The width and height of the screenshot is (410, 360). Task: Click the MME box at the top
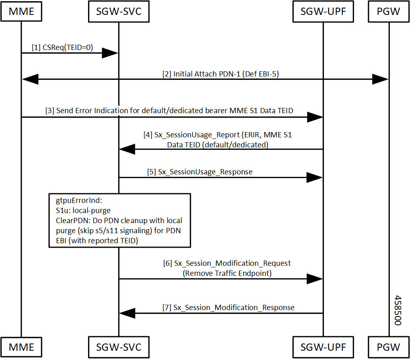click(21, 12)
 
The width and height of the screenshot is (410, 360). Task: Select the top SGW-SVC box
click(119, 12)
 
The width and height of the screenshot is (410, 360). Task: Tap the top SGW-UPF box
click(323, 12)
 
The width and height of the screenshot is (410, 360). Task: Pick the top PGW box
click(389, 12)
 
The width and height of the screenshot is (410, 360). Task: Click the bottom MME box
click(21, 347)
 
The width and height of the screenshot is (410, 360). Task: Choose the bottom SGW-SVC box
click(119, 347)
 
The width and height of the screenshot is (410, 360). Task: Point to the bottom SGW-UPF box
click(323, 347)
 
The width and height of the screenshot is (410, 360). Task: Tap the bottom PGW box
click(389, 347)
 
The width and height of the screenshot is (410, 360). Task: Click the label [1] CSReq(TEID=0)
click(62, 48)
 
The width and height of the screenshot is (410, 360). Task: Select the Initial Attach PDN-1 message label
click(220, 74)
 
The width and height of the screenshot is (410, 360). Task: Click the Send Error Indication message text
click(169, 111)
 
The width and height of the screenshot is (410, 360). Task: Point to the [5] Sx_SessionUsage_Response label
click(200, 172)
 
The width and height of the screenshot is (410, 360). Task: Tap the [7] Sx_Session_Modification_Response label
click(228, 307)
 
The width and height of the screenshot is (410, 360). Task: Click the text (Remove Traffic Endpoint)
click(227, 273)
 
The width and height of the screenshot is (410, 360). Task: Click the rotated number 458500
click(398, 310)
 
